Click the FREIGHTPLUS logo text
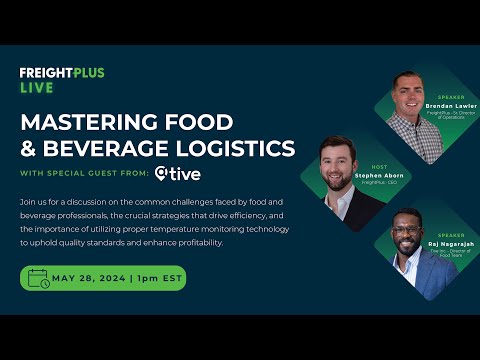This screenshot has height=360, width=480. (x=62, y=73)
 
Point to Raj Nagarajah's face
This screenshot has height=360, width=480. (x=406, y=235)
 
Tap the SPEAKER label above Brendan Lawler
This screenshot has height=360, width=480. (x=449, y=97)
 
